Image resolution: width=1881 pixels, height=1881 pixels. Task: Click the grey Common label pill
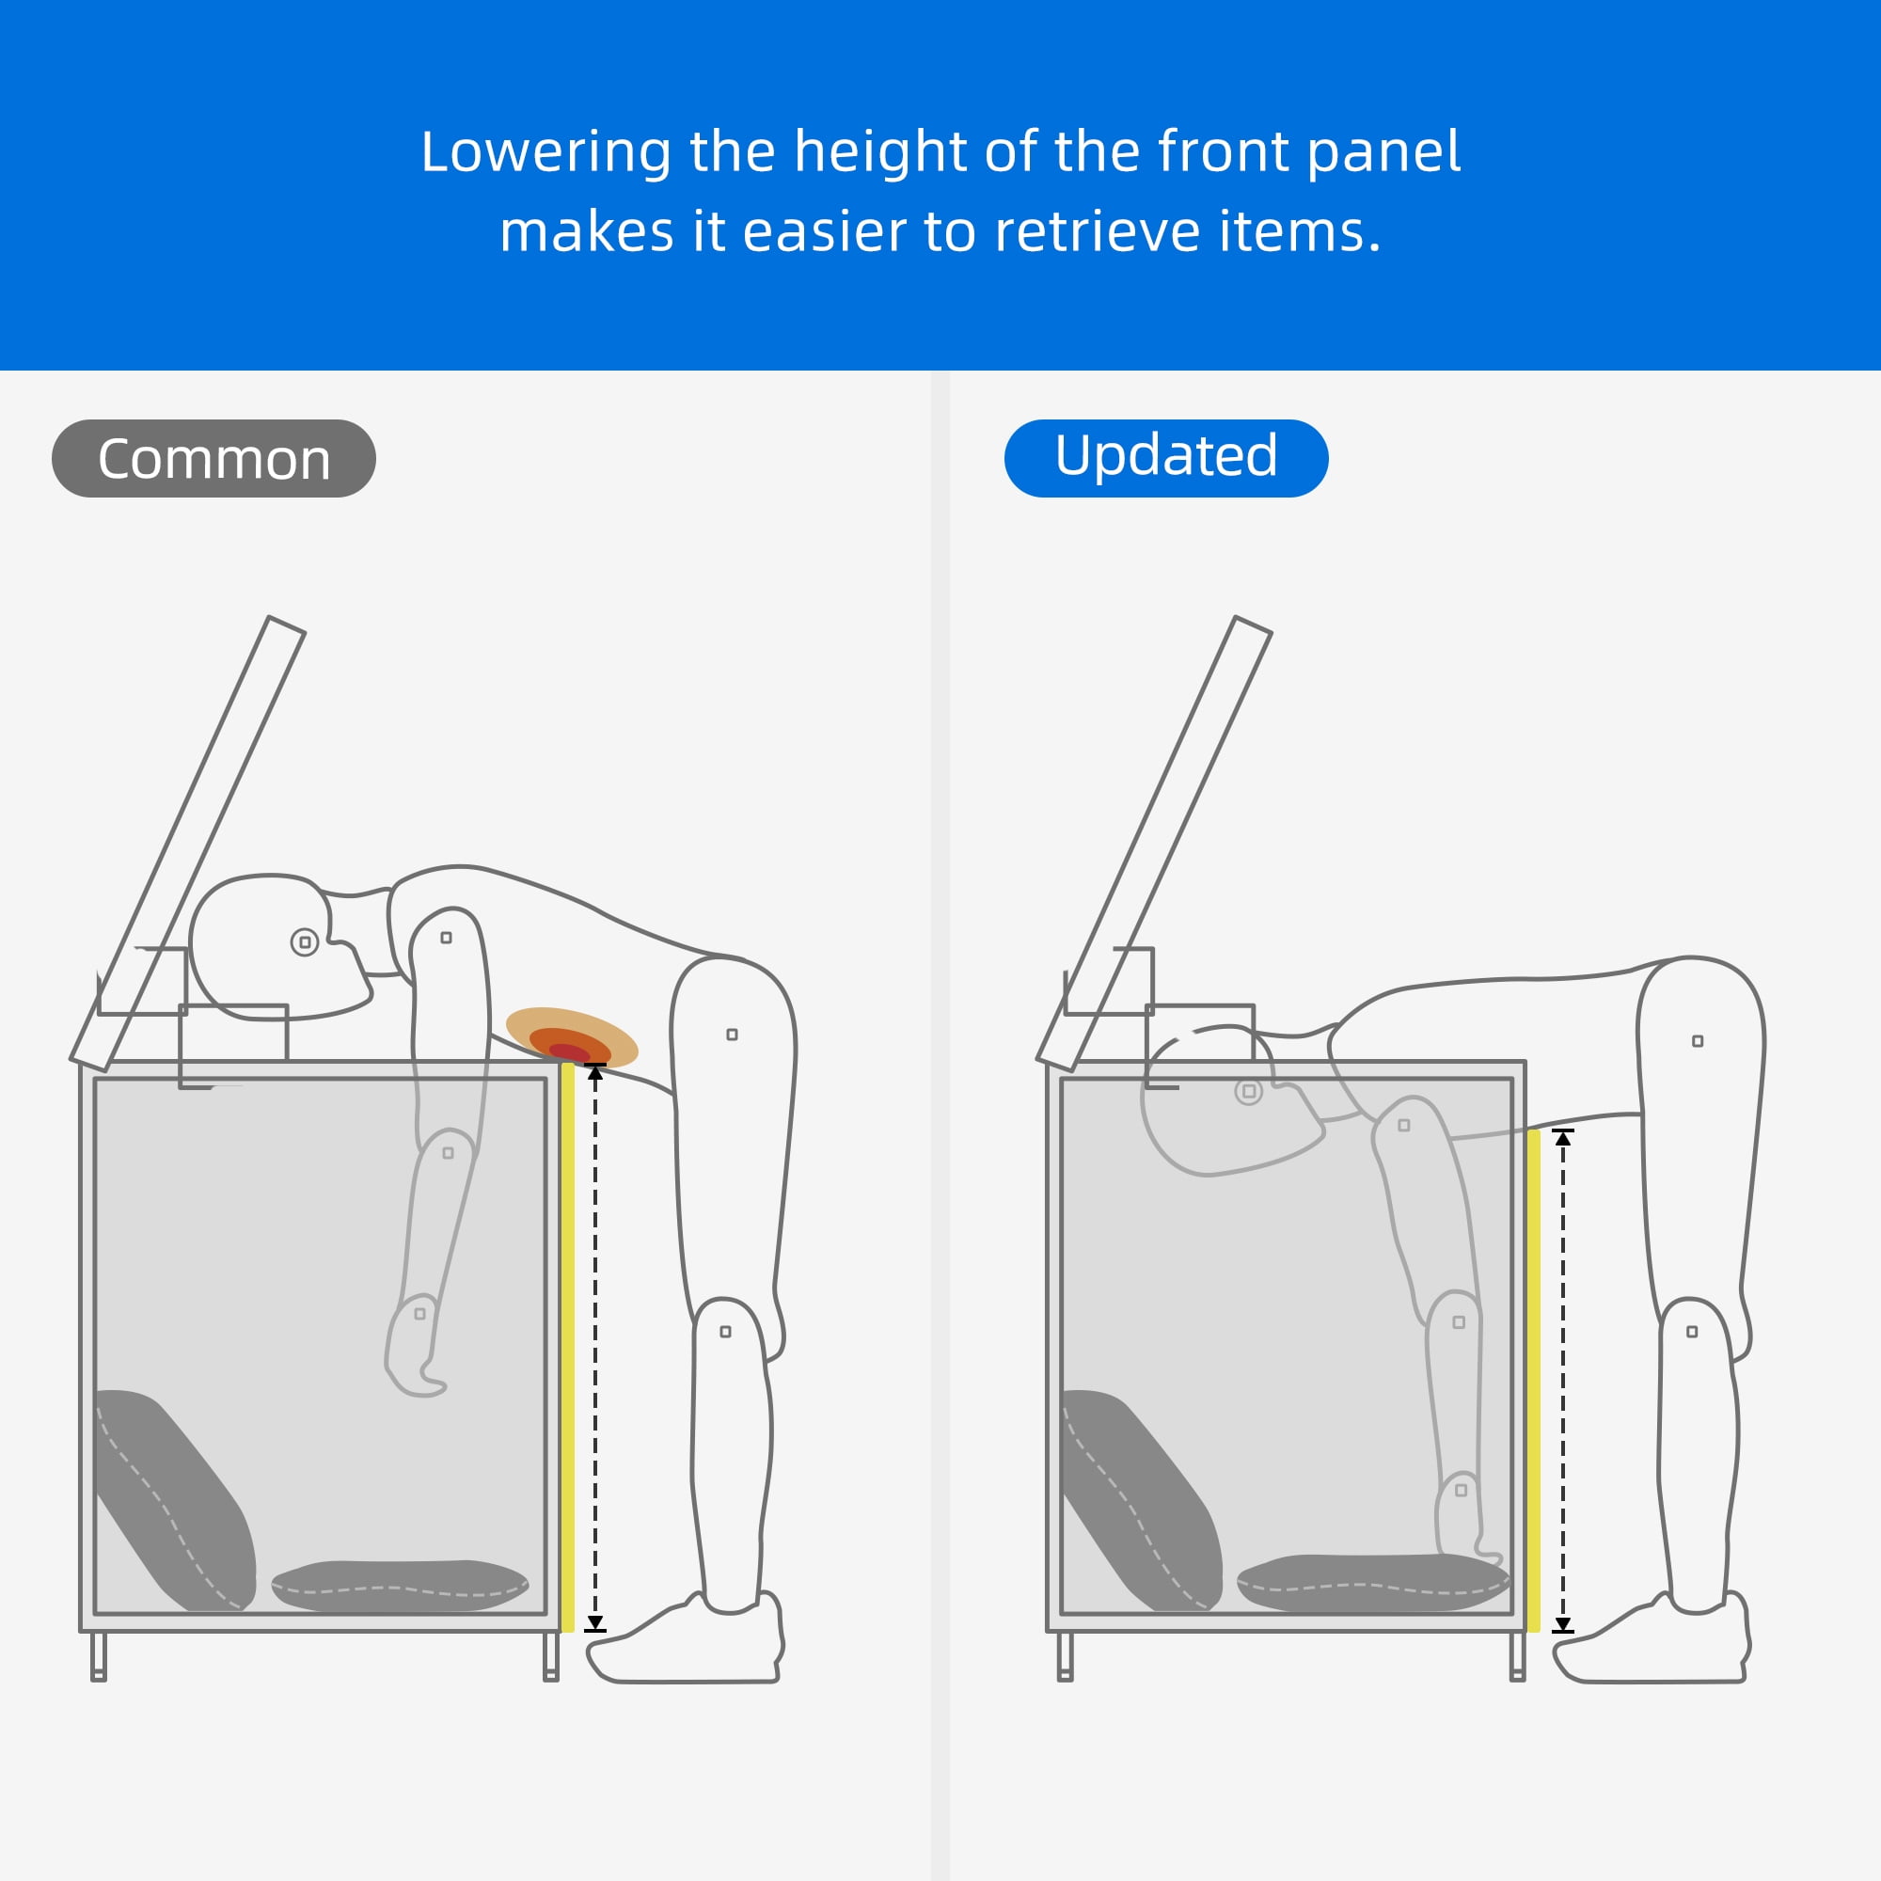(x=213, y=459)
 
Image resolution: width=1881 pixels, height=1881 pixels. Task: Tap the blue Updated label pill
(x=1166, y=459)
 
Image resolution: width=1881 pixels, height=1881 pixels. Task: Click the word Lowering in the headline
(x=545, y=153)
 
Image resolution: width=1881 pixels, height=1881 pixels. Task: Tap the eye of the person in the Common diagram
(x=305, y=941)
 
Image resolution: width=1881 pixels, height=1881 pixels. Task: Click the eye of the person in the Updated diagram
(x=1249, y=1091)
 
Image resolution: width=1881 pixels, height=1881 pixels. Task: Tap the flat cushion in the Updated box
(x=1373, y=1583)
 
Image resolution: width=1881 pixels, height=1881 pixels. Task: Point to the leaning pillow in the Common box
(x=175, y=1499)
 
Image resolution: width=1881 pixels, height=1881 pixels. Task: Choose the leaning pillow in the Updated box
(x=1141, y=1499)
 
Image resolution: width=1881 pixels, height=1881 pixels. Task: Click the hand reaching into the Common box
(x=414, y=1347)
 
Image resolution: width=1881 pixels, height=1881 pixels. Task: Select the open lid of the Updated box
(x=1155, y=843)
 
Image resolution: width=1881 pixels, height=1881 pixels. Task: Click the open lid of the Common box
(x=188, y=843)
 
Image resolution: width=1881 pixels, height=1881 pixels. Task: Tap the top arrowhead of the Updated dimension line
(x=1562, y=1138)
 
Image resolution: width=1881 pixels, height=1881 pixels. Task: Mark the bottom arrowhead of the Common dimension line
(x=595, y=1623)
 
